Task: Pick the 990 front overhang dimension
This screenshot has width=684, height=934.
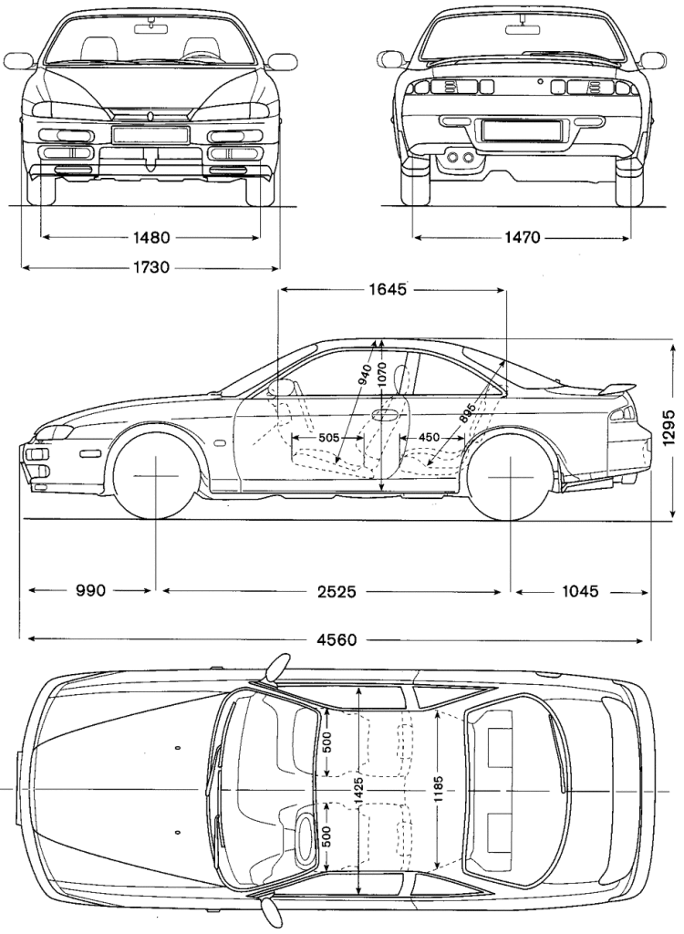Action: click(91, 591)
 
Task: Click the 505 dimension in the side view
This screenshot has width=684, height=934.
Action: click(329, 437)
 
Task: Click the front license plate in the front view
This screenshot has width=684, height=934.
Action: click(149, 135)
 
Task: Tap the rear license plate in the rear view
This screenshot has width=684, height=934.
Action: click(521, 129)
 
